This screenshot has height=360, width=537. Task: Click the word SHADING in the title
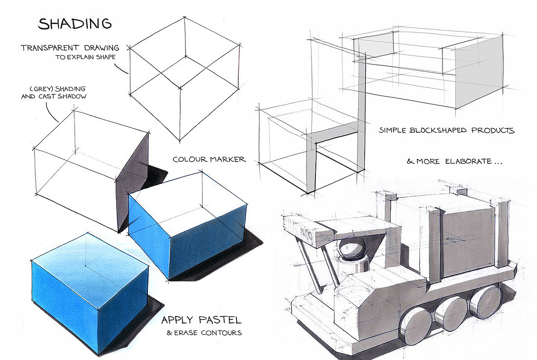(75, 23)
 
